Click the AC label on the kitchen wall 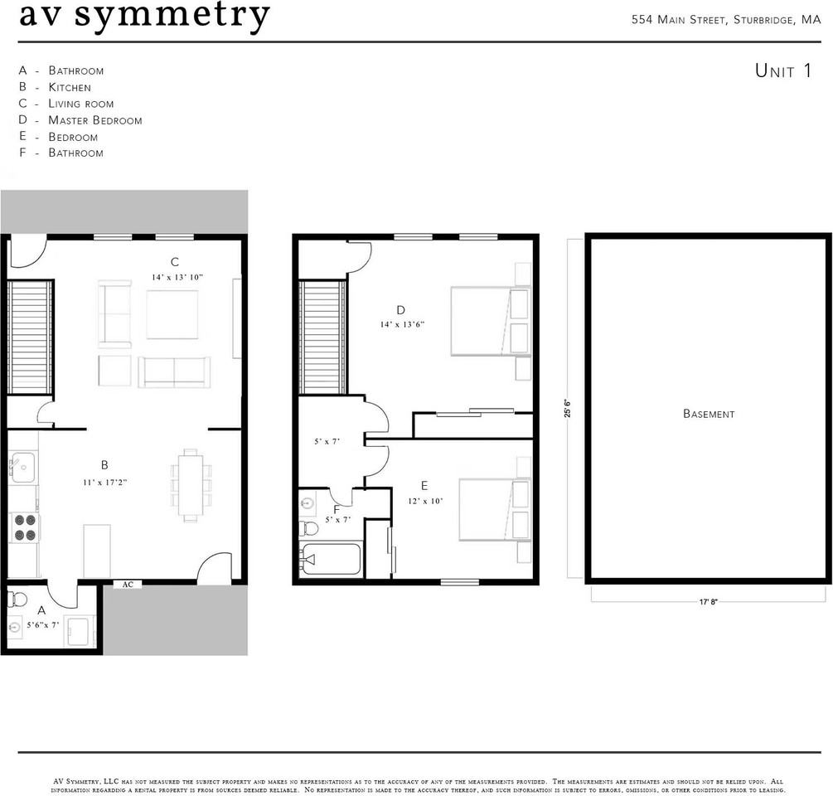(128, 585)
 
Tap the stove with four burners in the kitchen (24, 527)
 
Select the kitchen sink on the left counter (22, 467)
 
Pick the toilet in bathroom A (17, 599)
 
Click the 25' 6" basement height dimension (568, 408)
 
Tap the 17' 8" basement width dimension (708, 602)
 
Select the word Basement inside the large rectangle (709, 414)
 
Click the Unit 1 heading (783, 70)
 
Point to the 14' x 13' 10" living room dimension (177, 277)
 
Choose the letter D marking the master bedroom (400, 310)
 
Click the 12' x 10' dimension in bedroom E (425, 501)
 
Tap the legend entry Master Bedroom (95, 120)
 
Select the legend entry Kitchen (70, 87)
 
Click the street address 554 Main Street (678, 20)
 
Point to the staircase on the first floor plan (31, 337)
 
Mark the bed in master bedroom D (491, 321)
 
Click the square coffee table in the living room (172, 314)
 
